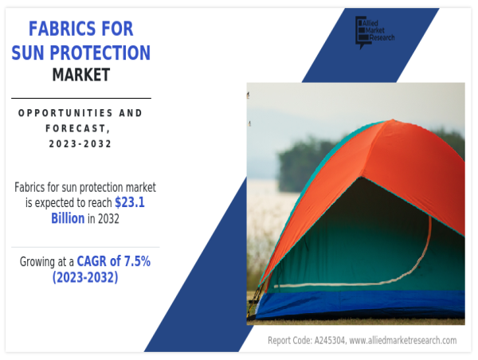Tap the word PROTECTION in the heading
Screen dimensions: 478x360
point(100,53)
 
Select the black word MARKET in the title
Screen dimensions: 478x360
point(81,75)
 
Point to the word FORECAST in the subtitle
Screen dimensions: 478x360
point(76,128)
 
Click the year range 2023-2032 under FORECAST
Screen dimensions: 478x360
point(80,143)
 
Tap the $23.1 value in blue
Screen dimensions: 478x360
point(130,202)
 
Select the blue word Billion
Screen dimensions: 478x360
point(68,218)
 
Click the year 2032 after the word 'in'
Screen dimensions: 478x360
point(108,218)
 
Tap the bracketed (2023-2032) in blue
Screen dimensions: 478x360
point(85,277)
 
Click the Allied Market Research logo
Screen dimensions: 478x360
point(375,32)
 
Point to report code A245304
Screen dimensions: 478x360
point(330,340)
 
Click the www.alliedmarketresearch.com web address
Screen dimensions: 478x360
point(403,340)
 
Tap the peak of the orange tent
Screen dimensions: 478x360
point(393,119)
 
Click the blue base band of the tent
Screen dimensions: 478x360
point(360,304)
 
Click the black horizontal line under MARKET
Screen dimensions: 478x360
point(81,98)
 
